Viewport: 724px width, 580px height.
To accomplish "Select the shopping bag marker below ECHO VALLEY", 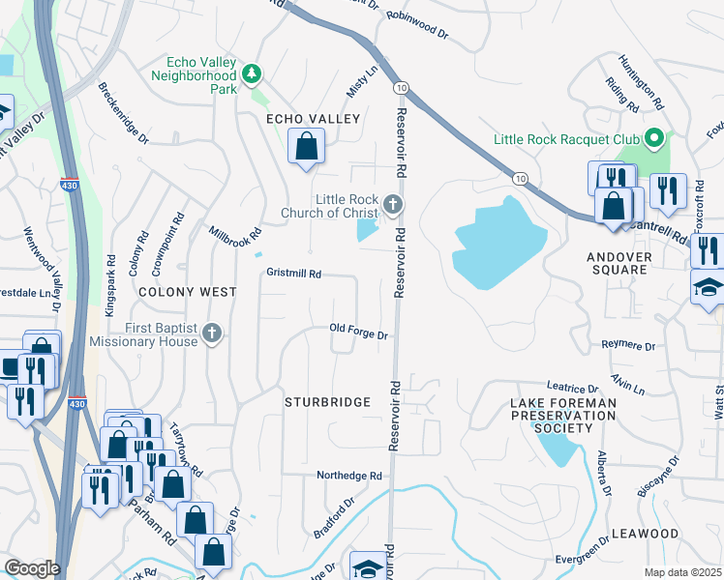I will (x=307, y=148).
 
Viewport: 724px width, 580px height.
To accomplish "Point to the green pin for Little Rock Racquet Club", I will (x=654, y=139).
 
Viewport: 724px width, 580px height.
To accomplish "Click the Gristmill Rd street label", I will (x=293, y=274).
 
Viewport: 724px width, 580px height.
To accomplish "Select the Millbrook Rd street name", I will (x=235, y=233).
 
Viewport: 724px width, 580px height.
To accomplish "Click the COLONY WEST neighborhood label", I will (x=187, y=291).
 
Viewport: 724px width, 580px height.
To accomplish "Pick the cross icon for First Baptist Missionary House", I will (x=213, y=334).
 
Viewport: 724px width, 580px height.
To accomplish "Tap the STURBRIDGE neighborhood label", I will (x=327, y=401).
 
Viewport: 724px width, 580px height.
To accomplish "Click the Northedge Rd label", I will (x=349, y=476).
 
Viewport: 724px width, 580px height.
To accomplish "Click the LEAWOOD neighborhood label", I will (x=645, y=534).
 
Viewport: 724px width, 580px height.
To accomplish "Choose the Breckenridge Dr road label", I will (x=123, y=112).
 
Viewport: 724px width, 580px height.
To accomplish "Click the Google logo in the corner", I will (x=32, y=568).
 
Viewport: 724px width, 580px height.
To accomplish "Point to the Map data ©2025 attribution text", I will (x=681, y=572).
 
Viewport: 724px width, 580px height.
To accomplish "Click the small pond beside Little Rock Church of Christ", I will (x=368, y=230).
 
